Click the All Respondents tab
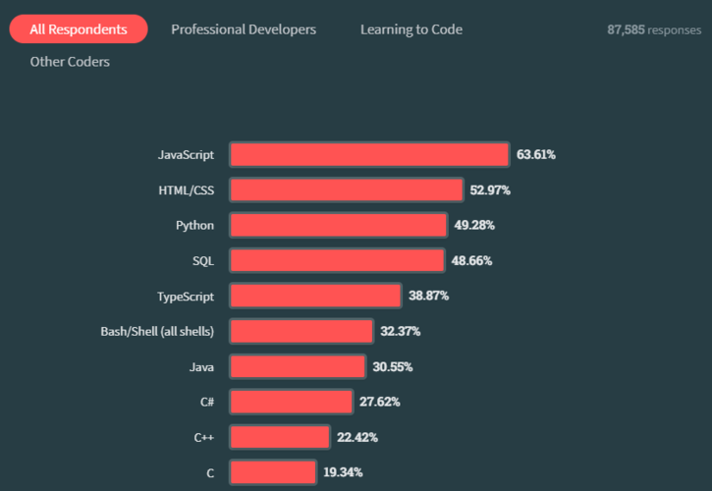point(79,29)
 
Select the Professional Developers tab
point(244,29)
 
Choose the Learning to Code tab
point(411,29)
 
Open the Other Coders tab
point(70,62)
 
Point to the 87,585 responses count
point(653,30)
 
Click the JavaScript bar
point(369,154)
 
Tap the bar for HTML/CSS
point(347,190)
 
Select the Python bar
point(339,225)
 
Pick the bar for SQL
point(337,260)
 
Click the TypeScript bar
point(315,296)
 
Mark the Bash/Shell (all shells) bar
point(301,331)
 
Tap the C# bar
point(291,402)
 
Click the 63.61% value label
point(536,154)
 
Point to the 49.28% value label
point(474,225)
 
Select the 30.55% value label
point(392,366)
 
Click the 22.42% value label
point(356,437)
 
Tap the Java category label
point(201,366)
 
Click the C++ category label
point(203,437)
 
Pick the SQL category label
point(202,260)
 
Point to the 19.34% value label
point(343,472)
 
